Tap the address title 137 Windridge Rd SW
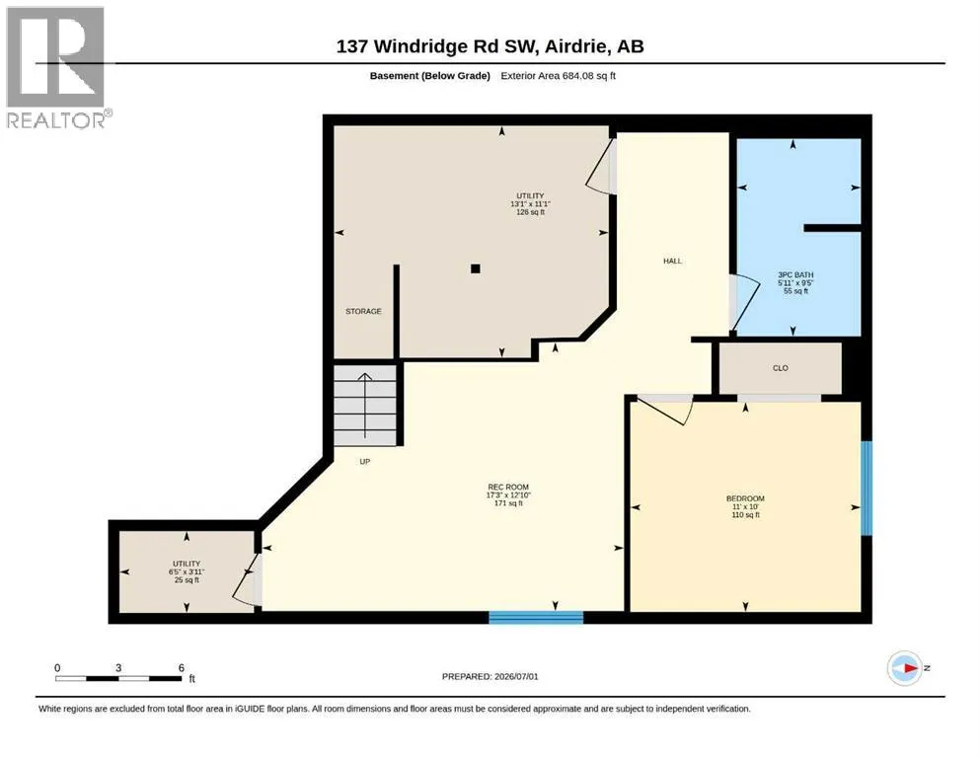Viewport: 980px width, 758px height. [436, 46]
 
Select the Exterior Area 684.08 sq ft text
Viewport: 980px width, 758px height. [559, 76]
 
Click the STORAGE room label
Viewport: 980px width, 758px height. [363, 311]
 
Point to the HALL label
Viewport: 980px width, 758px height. [672, 262]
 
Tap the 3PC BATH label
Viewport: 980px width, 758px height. [795, 275]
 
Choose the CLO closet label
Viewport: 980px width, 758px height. [781, 368]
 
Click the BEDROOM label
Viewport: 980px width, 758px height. [745, 498]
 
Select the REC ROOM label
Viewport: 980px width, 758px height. [508, 487]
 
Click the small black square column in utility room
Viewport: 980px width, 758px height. [476, 268]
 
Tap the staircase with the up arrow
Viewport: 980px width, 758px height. [365, 405]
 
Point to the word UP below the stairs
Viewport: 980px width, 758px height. [365, 462]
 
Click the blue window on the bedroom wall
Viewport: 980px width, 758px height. [867, 488]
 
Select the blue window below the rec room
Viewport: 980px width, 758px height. [536, 618]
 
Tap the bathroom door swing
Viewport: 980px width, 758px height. [747, 301]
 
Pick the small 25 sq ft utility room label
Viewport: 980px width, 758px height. [187, 571]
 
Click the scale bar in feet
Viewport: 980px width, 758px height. [119, 678]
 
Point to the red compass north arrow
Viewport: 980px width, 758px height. [909, 668]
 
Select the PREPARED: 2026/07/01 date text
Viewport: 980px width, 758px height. [490, 676]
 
